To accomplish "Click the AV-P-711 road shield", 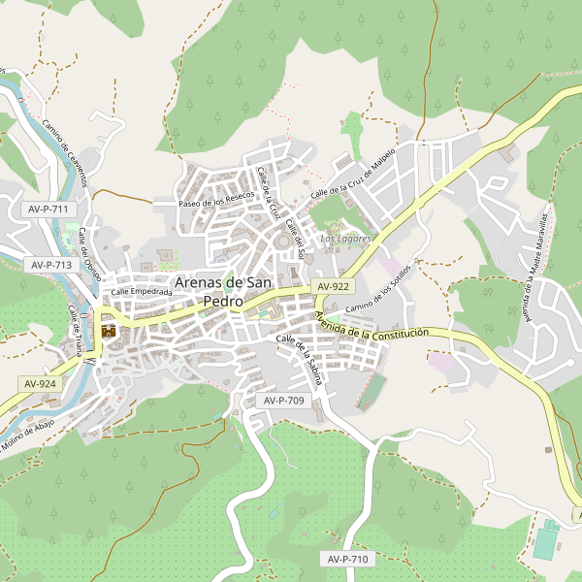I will click(48, 210).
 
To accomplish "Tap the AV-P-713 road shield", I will click(51, 264).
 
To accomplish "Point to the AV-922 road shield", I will click(333, 286).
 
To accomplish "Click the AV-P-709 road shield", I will click(283, 400).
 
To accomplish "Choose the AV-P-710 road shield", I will click(347, 559).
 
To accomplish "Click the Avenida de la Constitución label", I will click(372, 330).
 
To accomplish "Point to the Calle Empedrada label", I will click(141, 291).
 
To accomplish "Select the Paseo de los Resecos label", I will click(216, 200).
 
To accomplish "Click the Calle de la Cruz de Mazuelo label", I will click(353, 176).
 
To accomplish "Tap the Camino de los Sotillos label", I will click(372, 291).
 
